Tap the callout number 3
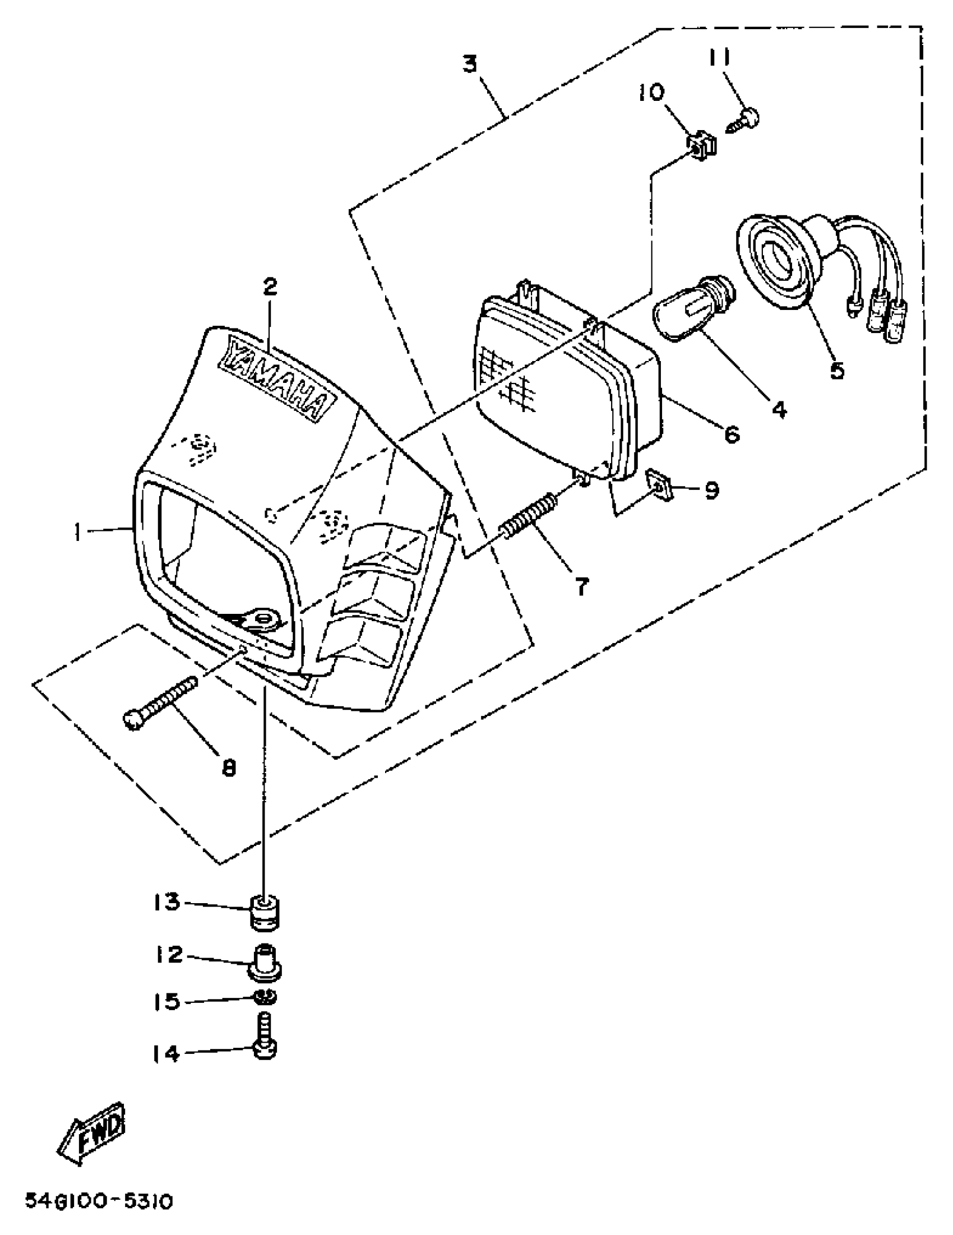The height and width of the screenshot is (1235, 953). coord(470,64)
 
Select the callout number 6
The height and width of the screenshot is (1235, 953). coord(732,434)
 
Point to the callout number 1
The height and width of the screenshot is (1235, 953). coord(77,530)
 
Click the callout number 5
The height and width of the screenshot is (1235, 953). coord(836,371)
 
